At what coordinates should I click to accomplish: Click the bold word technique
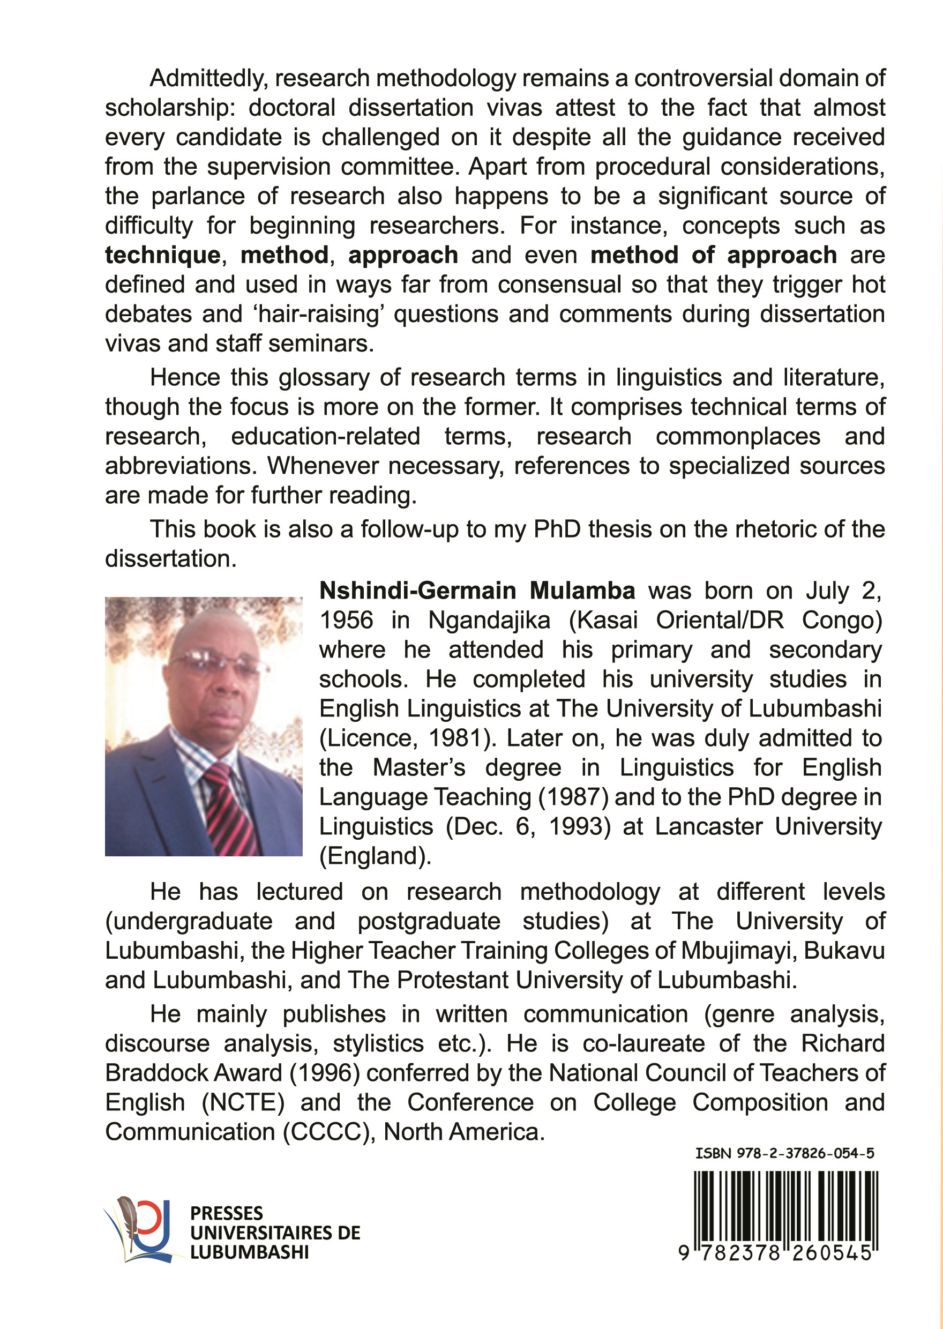(162, 256)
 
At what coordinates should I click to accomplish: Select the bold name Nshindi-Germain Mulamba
(477, 591)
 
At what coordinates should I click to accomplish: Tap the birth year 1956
(346, 620)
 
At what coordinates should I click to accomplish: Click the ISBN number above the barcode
(784, 1153)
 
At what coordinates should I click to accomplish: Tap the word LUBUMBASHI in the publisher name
(249, 1252)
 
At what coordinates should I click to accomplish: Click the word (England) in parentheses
(375, 856)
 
